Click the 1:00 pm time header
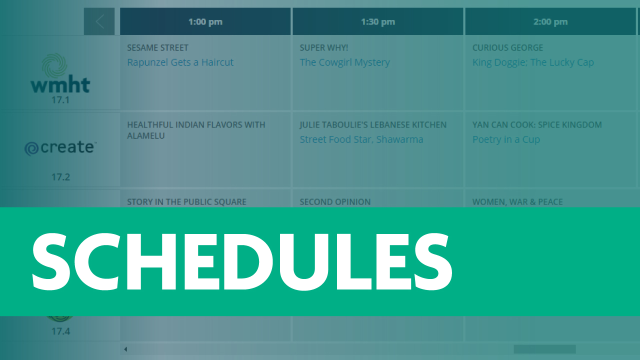(205, 21)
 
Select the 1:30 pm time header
(377, 21)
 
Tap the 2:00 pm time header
(550, 21)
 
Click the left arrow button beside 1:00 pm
(99, 21)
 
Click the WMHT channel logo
(60, 74)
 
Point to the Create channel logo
(60, 148)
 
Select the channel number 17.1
(60, 100)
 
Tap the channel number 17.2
(60, 177)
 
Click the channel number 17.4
(60, 331)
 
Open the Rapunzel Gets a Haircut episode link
(180, 62)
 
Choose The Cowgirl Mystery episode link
(344, 62)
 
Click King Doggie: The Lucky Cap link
(533, 62)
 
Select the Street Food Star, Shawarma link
(361, 139)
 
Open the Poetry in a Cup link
(506, 139)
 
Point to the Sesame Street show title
(157, 48)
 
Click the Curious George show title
(507, 48)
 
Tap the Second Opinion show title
(335, 202)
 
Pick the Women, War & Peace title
(517, 202)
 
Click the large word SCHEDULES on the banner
(242, 262)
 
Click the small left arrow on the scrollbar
(125, 349)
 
